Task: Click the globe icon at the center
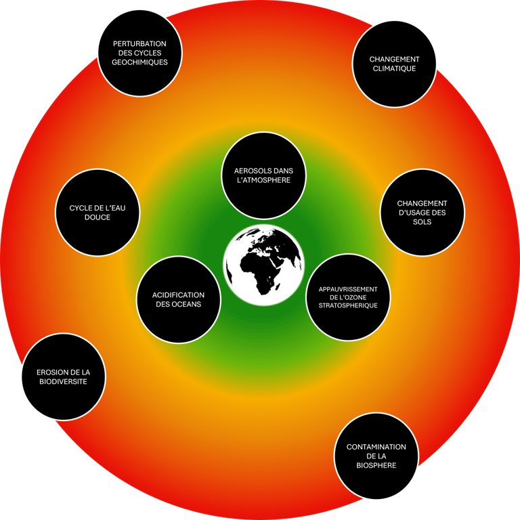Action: pyautogui.click(x=263, y=264)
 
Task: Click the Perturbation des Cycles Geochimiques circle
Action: pyautogui.click(x=139, y=53)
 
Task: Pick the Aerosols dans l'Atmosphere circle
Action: pyautogui.click(x=264, y=174)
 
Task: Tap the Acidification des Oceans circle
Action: pyautogui.click(x=178, y=300)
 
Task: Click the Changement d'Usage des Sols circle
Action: pyautogui.click(x=422, y=213)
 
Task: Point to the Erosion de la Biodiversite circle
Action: pyautogui.click(x=63, y=376)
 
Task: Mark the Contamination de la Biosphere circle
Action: pyautogui.click(x=376, y=456)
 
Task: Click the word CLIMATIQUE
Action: pyautogui.click(x=394, y=69)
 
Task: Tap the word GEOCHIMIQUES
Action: pyautogui.click(x=139, y=62)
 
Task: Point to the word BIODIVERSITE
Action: pyautogui.click(x=63, y=382)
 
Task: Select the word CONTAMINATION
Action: pyautogui.click(x=376, y=447)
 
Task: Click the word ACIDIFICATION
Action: pyautogui.click(x=178, y=295)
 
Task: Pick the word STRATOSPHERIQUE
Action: pyautogui.click(x=348, y=305)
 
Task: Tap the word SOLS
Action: pyautogui.click(x=422, y=222)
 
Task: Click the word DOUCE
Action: pyautogui.click(x=97, y=217)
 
